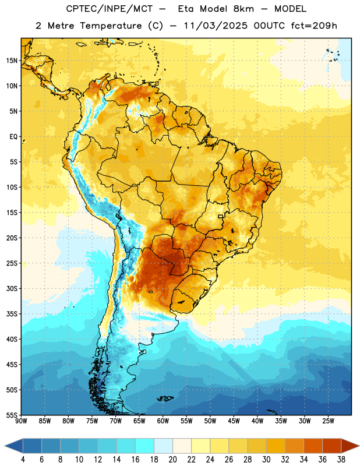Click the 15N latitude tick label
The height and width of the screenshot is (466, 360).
click(12, 61)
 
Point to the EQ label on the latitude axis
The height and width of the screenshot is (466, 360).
click(13, 137)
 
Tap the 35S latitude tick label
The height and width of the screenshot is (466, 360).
click(12, 314)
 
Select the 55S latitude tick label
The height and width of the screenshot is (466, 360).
click(12, 415)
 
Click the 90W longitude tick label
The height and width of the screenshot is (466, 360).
click(22, 421)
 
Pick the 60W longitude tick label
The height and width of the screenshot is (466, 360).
click(163, 421)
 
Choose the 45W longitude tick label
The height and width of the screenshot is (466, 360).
click(234, 421)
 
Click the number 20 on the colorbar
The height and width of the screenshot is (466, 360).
click(172, 460)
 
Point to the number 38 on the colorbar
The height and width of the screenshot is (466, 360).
click(341, 460)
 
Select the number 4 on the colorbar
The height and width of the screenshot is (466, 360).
click(23, 460)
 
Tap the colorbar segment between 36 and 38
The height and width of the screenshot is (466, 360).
click(332, 446)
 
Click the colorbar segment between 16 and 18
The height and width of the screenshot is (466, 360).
click(144, 446)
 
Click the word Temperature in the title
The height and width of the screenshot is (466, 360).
click(111, 26)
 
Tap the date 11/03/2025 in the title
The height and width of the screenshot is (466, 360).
click(216, 26)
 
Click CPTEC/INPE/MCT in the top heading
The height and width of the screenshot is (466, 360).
click(109, 9)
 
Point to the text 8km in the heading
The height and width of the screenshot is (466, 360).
click(243, 9)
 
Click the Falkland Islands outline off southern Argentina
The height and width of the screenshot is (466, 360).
click(165, 398)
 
